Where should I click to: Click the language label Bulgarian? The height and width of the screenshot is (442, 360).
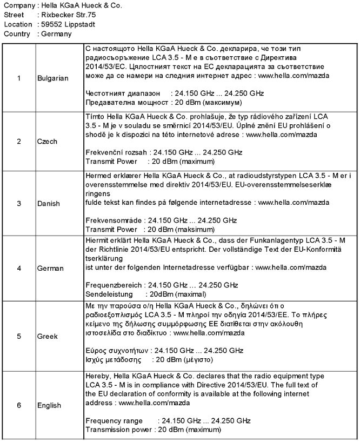53,78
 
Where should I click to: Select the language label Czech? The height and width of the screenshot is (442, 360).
48,142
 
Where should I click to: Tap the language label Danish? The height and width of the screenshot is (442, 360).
49,204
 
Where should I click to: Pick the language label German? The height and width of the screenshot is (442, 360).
50,268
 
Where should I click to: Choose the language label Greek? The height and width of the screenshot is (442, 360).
47,336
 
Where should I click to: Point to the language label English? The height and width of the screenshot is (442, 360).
49,405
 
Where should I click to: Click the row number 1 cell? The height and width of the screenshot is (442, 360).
18,78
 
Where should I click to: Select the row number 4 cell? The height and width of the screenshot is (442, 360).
18,268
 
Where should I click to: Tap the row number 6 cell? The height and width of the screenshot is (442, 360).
18,405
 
